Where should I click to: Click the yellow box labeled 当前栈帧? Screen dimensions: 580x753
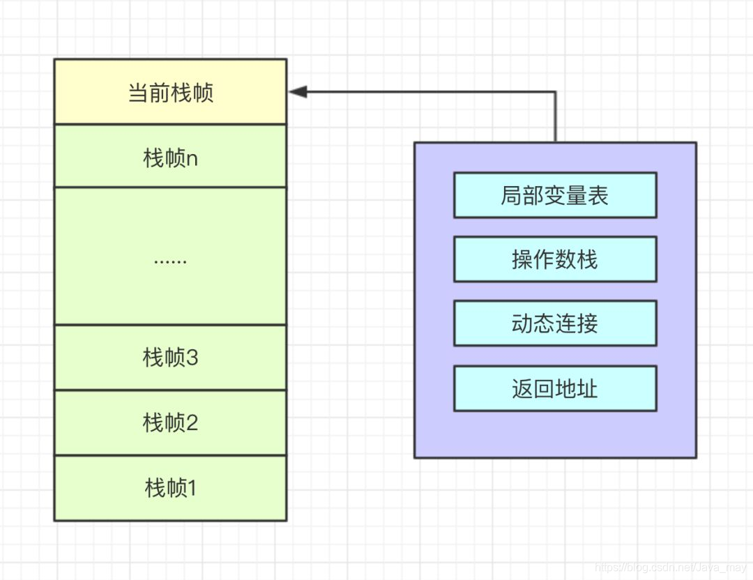(x=170, y=92)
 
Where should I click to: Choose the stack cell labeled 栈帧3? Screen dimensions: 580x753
(x=170, y=358)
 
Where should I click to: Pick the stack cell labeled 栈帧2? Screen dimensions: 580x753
(x=170, y=422)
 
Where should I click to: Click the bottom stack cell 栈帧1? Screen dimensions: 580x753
(x=170, y=488)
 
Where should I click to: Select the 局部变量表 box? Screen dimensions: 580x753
(x=555, y=195)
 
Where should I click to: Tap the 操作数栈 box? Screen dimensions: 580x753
(x=555, y=259)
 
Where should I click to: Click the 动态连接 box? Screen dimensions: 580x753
(x=555, y=323)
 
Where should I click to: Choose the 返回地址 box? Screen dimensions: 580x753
(x=555, y=388)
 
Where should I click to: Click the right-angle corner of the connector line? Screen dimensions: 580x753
(x=556, y=92)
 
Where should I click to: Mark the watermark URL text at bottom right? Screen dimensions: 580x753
(x=673, y=568)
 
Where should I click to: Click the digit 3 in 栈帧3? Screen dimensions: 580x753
(x=192, y=358)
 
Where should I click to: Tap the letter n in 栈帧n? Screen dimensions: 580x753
(x=192, y=159)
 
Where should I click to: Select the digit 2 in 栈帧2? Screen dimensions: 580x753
(x=192, y=422)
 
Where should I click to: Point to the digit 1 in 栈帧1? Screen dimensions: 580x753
(x=192, y=488)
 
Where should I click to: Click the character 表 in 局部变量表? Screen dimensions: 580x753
(x=598, y=196)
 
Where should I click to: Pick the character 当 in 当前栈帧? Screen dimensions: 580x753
(x=138, y=93)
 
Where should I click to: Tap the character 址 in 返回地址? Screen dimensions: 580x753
(x=588, y=388)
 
